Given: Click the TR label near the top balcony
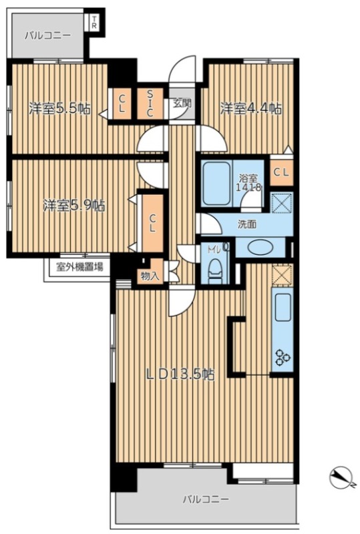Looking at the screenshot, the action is [94, 22].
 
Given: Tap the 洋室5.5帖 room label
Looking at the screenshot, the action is [59, 109].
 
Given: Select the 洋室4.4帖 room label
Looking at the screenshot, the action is [250, 109].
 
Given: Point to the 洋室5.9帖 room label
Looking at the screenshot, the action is [74, 206].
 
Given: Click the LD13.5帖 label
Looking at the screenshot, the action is [180, 374].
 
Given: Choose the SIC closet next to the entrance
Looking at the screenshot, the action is [150, 103].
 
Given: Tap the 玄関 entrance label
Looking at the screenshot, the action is [182, 103].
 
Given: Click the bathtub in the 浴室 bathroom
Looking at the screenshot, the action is [216, 183].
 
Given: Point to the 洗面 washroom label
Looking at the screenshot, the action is [247, 224].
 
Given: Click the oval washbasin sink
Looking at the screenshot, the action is [260, 248].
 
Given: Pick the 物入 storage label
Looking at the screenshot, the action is [150, 276].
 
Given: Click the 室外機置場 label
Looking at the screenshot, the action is [79, 267].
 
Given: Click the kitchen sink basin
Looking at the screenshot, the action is [283, 308].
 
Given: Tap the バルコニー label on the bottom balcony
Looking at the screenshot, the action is [206, 499].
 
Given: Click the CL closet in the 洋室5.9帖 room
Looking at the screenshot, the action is [152, 223].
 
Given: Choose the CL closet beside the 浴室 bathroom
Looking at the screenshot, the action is [282, 172].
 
